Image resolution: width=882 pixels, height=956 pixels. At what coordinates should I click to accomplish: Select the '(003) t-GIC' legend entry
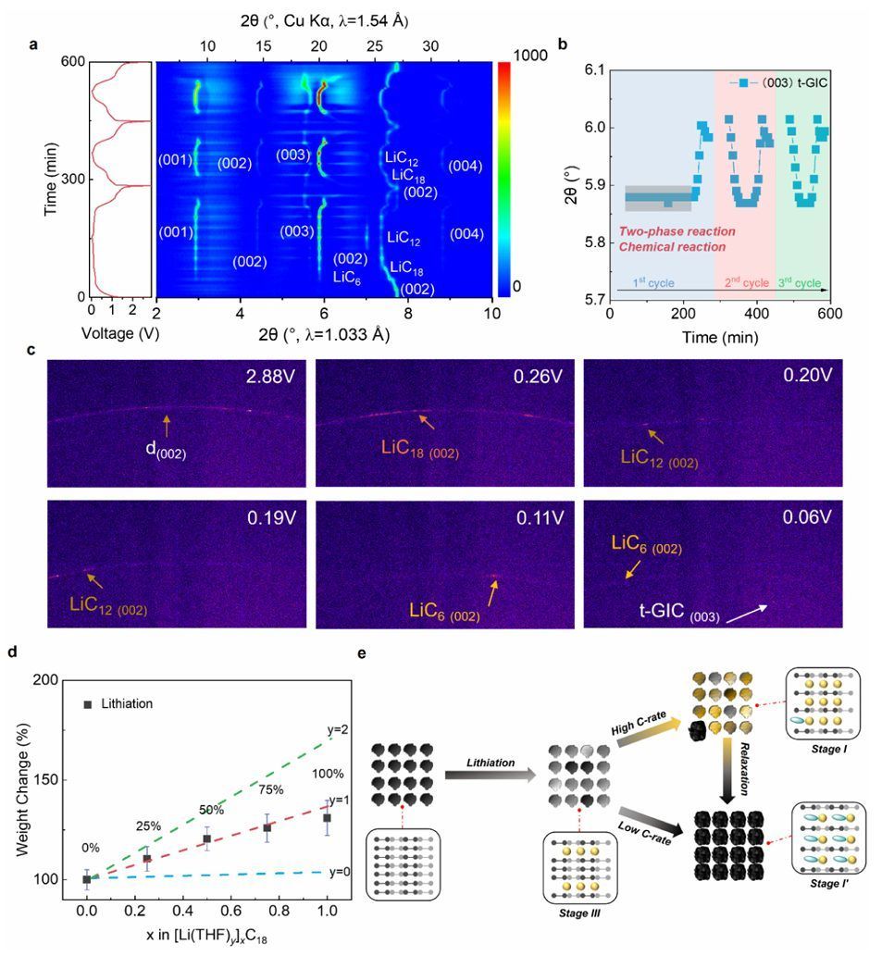[771, 83]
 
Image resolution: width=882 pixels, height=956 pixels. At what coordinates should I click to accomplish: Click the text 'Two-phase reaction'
[677, 230]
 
